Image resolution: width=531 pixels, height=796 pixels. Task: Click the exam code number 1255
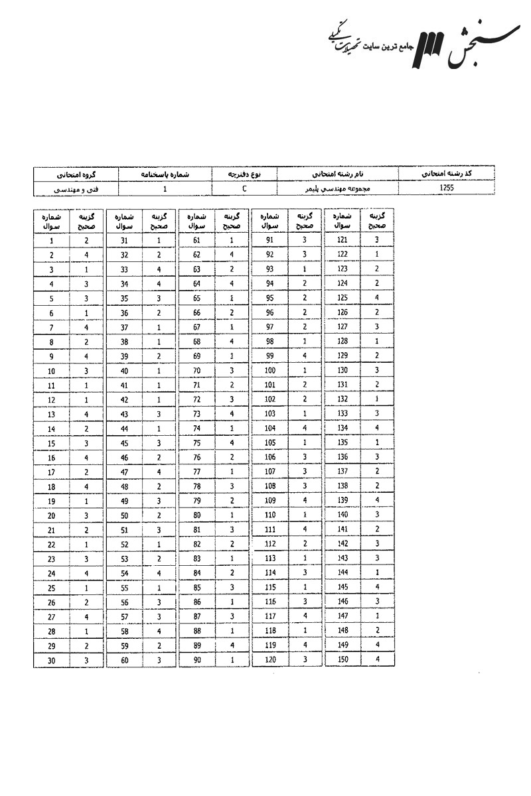click(446, 188)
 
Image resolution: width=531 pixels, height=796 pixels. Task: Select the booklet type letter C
click(245, 188)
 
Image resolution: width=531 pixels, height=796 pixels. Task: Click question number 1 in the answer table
click(51, 241)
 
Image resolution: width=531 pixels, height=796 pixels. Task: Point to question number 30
click(51, 661)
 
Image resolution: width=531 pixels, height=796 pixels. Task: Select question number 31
click(123, 241)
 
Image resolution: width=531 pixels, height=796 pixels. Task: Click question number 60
click(123, 661)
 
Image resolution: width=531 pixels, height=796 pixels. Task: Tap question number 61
click(196, 241)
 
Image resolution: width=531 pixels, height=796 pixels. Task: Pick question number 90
click(196, 661)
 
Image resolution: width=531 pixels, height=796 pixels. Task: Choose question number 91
click(269, 241)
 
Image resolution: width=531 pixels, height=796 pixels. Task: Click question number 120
click(269, 661)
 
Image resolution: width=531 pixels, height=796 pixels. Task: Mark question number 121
click(342, 241)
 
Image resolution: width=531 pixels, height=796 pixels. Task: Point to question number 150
click(342, 661)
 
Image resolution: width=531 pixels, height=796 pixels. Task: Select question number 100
click(269, 371)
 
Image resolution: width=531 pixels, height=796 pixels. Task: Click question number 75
click(196, 443)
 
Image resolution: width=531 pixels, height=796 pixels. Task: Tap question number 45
click(123, 443)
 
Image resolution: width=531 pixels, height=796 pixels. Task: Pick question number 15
click(51, 443)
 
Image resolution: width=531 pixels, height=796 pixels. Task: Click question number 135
click(342, 443)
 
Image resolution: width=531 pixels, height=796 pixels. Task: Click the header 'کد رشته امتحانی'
click(446, 174)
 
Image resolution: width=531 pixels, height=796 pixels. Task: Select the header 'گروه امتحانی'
click(75, 174)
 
